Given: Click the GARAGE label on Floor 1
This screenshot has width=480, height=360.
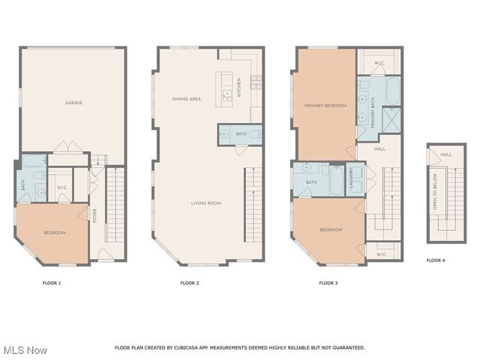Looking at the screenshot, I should tap(73, 103).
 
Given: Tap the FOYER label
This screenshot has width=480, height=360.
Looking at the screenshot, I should tap(94, 215).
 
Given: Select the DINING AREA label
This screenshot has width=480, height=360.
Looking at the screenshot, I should tap(186, 98).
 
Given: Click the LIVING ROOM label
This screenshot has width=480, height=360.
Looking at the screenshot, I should tap(206, 203).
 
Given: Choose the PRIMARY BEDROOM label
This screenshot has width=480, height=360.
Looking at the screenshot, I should tap(325, 106).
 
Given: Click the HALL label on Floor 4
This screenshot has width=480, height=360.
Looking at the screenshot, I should tap(445, 154).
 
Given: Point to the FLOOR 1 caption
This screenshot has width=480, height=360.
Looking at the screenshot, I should tap(51, 283).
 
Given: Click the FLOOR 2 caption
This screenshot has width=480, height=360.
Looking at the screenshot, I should tap(190, 283).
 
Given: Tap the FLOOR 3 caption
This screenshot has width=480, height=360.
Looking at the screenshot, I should tap(328, 283).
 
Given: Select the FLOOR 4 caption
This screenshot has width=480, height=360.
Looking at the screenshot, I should tap(436, 260).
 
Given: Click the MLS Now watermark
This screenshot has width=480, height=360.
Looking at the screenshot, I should tap(25, 350).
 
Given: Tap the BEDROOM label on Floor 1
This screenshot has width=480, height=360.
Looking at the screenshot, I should tap(55, 232).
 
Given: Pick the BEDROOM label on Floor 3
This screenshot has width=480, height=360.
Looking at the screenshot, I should tap(331, 229).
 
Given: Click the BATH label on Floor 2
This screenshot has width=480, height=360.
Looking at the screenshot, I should tap(241, 134).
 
